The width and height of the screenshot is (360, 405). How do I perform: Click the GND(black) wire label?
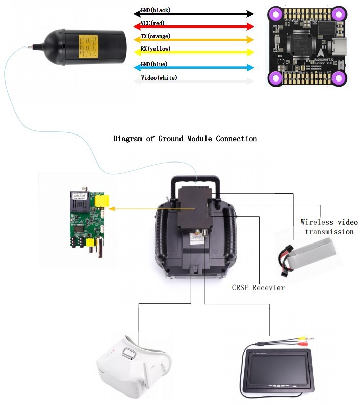click(x=156, y=10)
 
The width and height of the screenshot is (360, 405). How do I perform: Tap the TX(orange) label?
click(x=156, y=36)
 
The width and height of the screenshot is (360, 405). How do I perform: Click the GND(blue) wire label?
click(x=154, y=64)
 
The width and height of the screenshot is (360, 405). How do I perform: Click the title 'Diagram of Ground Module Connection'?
click(x=185, y=139)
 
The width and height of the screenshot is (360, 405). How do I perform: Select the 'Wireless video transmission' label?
click(x=329, y=227)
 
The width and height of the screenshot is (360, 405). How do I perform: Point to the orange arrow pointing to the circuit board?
click(x=153, y=208)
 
